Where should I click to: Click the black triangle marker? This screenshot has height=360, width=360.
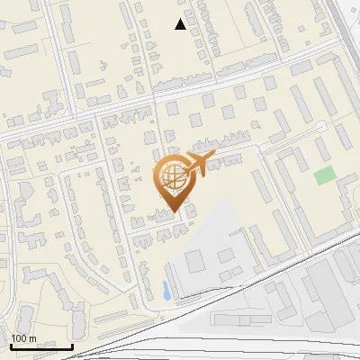point(181,24)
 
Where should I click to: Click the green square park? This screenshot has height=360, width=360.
point(324,175)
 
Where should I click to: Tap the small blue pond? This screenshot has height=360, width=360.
point(166,290)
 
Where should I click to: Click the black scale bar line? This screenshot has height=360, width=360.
point(41,346)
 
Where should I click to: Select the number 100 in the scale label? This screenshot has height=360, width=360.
point(20,338)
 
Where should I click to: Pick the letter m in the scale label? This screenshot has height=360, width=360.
point(32,338)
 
